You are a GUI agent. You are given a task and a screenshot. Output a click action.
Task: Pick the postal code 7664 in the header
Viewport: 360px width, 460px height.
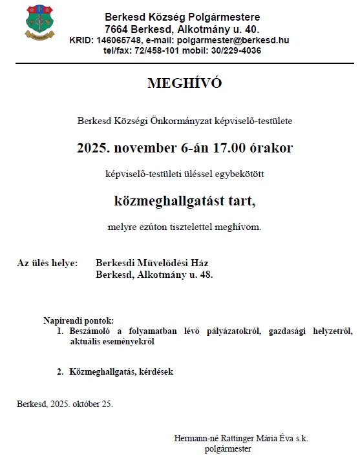pos(116,30)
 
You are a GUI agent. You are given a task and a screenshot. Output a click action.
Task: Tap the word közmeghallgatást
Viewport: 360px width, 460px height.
pos(155,201)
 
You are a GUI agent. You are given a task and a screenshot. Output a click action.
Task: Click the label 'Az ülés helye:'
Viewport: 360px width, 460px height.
pos(47,263)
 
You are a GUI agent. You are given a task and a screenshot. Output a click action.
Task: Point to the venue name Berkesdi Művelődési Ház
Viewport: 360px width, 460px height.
pos(152,263)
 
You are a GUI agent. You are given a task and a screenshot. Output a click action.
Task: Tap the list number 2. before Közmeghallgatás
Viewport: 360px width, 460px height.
pos(60,371)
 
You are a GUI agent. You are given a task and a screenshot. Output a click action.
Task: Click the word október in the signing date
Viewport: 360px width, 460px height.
pos(87,404)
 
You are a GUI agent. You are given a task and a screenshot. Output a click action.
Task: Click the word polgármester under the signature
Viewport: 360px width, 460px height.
pos(228,448)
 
